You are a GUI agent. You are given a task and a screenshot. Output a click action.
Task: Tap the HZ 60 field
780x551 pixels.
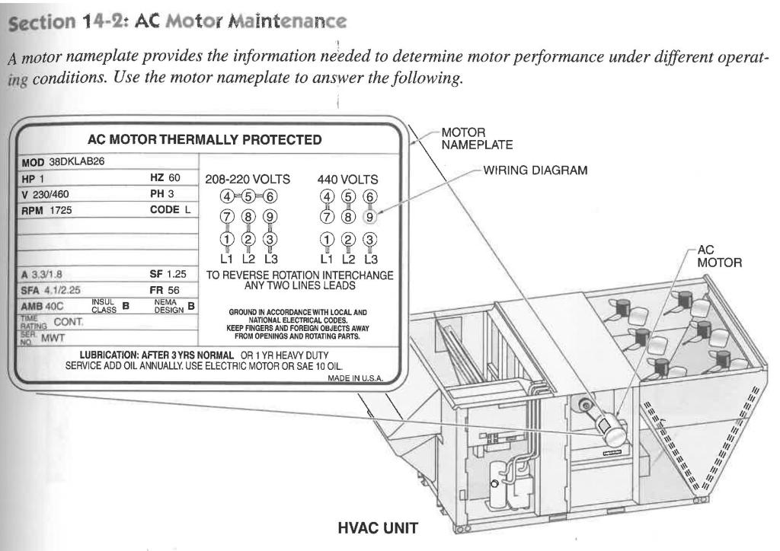[x=165, y=177]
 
